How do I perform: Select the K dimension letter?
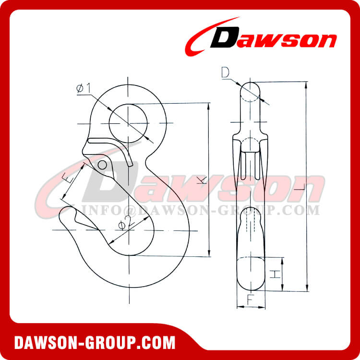202,180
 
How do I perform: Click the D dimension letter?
225,73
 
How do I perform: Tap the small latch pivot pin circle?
102,165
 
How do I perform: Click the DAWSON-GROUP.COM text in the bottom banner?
94,342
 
